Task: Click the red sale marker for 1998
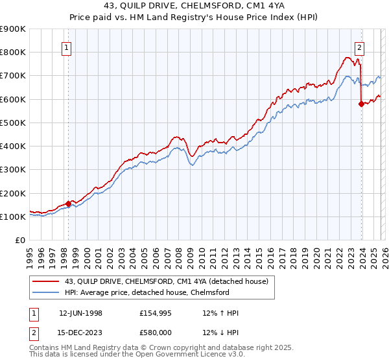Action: [x=68, y=204]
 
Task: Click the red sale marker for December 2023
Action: [x=361, y=103]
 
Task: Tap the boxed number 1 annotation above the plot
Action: [x=68, y=47]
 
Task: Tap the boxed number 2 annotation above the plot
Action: [x=359, y=47]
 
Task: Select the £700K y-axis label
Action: [x=13, y=76]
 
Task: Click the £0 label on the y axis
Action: [x=19, y=240]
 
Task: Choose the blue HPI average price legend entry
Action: [x=147, y=292]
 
